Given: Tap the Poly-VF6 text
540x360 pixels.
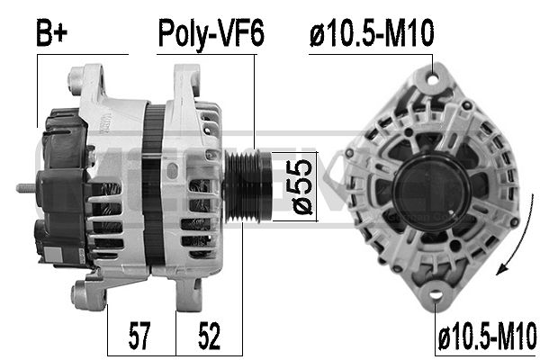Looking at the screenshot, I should (x=211, y=33).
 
